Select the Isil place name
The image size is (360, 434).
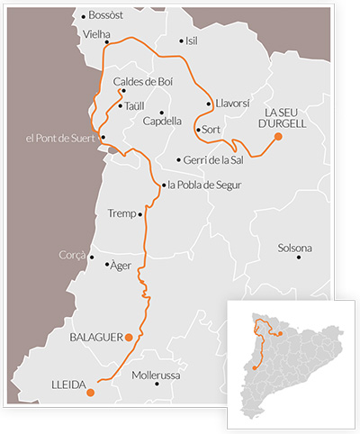click(x=191, y=41)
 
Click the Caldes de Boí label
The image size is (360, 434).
click(x=149, y=81)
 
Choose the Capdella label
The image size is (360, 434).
click(x=163, y=121)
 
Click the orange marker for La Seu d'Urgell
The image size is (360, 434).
click(x=278, y=136)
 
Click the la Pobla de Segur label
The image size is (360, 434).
click(x=204, y=185)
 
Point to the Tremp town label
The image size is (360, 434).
click(x=121, y=214)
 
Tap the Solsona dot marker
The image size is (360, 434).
click(x=300, y=257)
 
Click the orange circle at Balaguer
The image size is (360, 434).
click(x=129, y=337)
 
